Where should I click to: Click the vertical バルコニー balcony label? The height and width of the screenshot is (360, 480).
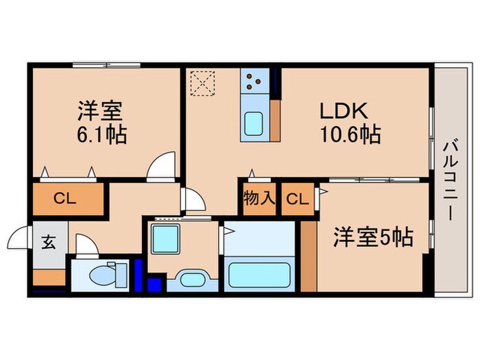point(451,180)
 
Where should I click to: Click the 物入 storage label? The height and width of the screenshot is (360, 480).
point(259,199)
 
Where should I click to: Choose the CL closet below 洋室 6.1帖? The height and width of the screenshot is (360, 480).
point(65,200)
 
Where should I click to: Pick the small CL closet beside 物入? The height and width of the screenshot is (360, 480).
point(297,200)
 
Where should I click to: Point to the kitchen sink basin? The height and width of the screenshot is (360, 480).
point(255,125)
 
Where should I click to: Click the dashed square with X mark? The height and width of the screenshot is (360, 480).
point(204,84)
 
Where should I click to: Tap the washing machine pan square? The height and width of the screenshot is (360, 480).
point(165,239)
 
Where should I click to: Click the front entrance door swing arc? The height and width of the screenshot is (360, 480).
point(18,239)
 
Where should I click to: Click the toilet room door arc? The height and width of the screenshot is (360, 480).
point(86,245)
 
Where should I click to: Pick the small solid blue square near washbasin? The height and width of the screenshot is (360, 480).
point(154,283)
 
